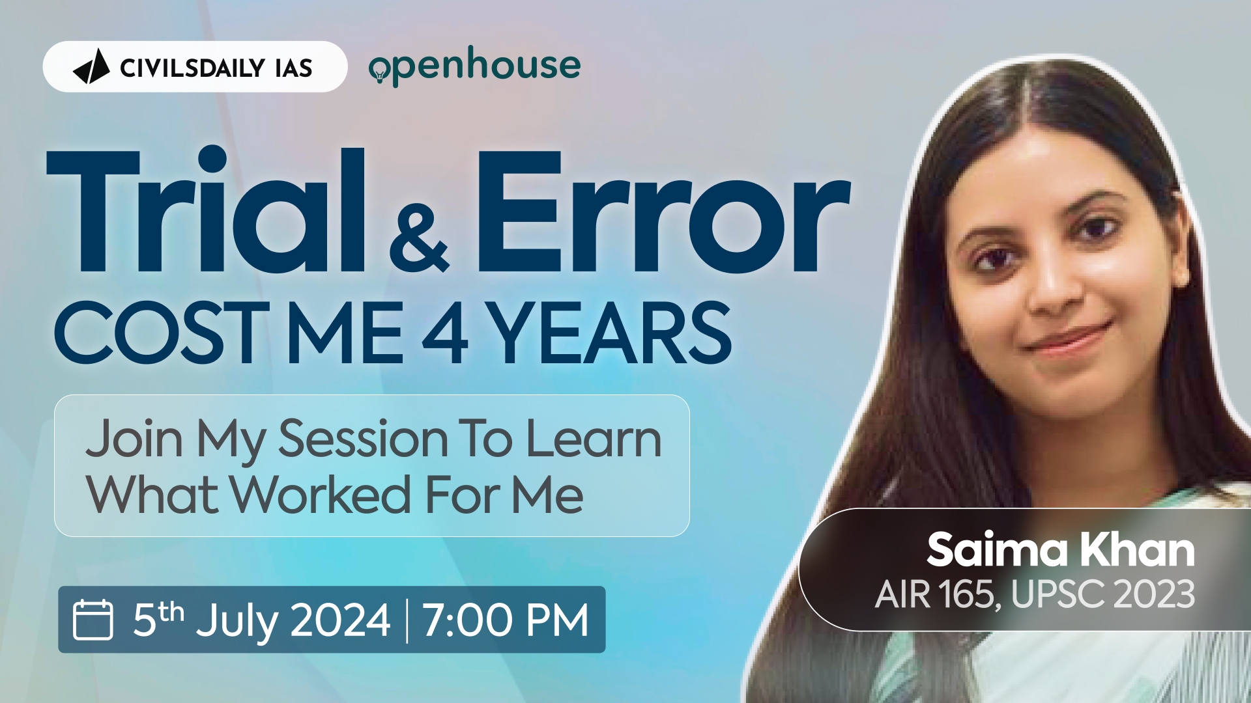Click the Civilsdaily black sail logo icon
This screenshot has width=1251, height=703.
click(x=92, y=66)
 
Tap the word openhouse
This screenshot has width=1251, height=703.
click(x=474, y=66)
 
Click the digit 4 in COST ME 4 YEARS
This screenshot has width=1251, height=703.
click(x=445, y=334)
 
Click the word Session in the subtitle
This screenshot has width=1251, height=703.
click(x=363, y=439)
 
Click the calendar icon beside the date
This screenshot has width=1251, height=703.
click(x=93, y=620)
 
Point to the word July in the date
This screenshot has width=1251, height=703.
click(x=238, y=621)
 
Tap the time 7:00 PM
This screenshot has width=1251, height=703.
click(x=506, y=620)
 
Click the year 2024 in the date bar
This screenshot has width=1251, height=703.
click(x=340, y=620)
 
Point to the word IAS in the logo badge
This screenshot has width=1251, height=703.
click(x=293, y=68)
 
